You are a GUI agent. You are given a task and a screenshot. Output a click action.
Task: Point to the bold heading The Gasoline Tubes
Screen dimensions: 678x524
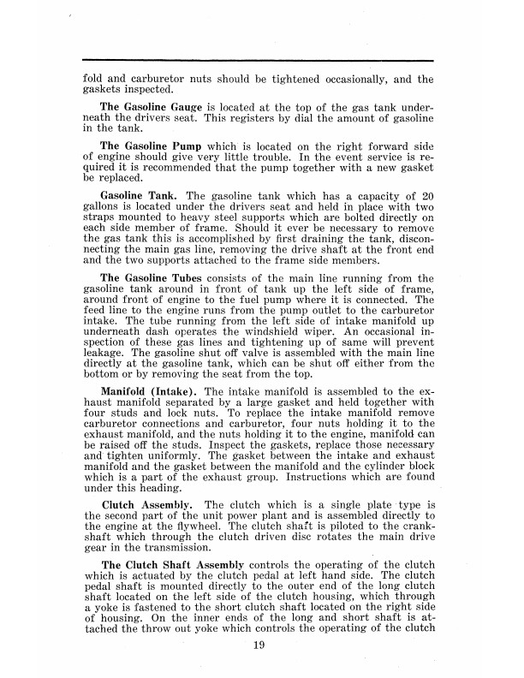click(x=152, y=253)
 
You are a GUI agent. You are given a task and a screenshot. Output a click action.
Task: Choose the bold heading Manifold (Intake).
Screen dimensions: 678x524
click(x=151, y=392)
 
